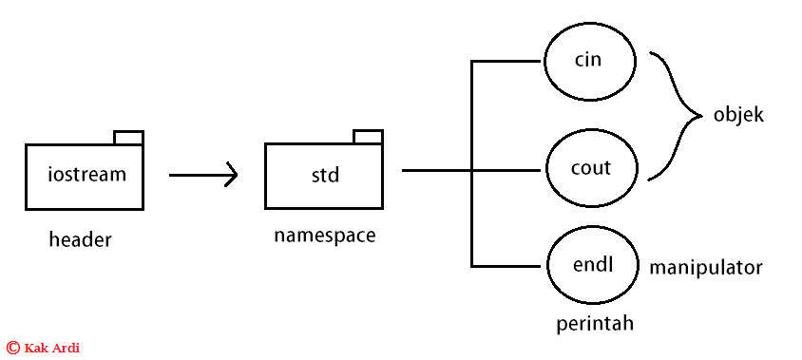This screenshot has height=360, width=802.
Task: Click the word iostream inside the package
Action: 86,175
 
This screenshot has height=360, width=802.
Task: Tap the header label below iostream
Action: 81,240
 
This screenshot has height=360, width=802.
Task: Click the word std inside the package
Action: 325,176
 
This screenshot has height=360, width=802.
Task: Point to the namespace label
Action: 325,235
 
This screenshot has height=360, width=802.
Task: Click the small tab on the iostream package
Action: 128,138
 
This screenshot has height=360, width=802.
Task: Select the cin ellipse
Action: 590,62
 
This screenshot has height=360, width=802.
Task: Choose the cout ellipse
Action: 590,169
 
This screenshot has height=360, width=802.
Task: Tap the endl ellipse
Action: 590,265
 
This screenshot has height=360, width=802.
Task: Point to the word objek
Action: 738,116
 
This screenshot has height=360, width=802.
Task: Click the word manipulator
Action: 705,268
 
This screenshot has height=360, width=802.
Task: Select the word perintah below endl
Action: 595,324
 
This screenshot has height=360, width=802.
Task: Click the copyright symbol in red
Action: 12,348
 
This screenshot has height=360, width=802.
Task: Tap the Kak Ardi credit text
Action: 53,348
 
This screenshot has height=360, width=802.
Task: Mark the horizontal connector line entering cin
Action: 507,63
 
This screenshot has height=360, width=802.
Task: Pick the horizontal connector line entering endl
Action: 508,265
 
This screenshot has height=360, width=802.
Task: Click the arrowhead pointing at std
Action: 231,175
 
